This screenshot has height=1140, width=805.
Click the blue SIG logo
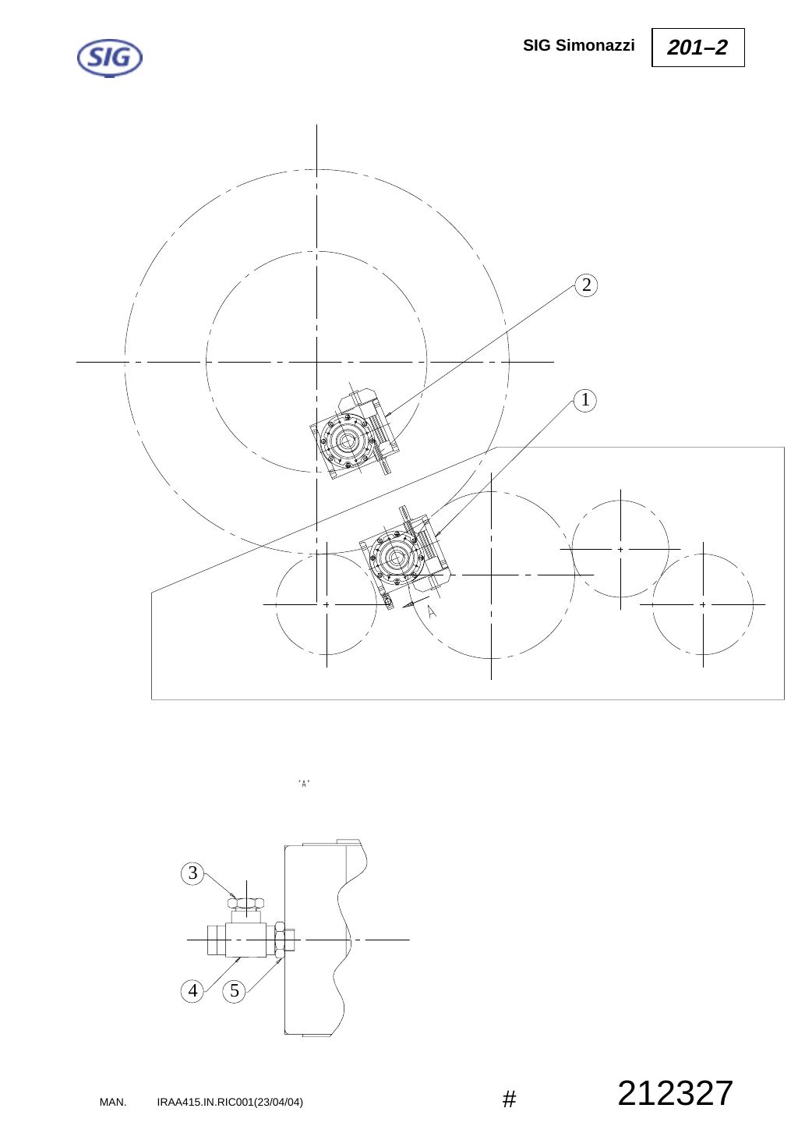pyautogui.click(x=110, y=58)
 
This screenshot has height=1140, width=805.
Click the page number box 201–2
pyautogui.click(x=697, y=48)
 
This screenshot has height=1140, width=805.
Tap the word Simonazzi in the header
pyautogui.click(x=595, y=45)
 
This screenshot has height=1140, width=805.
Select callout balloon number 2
pyautogui.click(x=586, y=285)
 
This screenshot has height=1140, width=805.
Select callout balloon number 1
pyautogui.click(x=584, y=400)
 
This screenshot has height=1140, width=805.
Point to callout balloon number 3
pyautogui.click(x=192, y=873)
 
